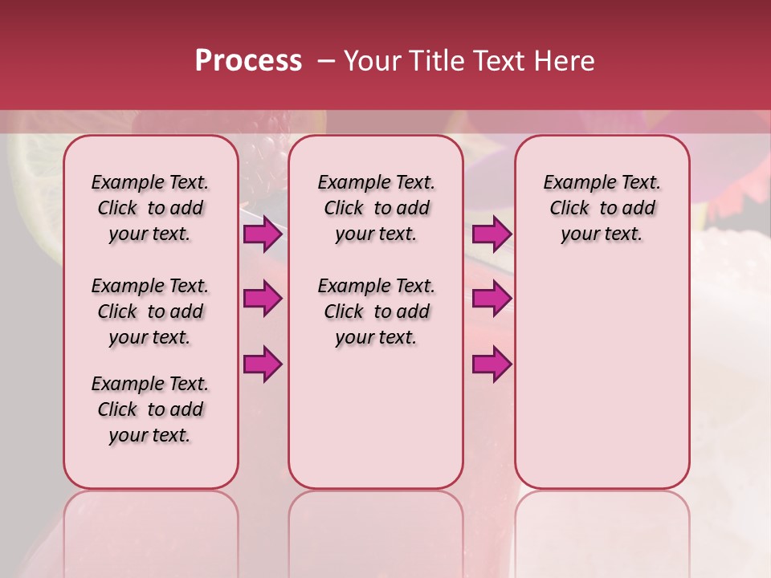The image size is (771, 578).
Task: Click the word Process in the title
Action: coord(248,61)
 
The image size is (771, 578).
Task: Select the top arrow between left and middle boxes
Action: coord(263,234)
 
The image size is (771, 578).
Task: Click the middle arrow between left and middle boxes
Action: coord(263,299)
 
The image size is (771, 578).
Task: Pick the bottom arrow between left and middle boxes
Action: coord(263,364)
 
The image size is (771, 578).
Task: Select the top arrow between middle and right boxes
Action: coord(492,234)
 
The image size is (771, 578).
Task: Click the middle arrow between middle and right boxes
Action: coord(492,299)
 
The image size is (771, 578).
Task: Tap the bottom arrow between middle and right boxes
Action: coord(492,364)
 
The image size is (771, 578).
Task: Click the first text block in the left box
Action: coord(150,208)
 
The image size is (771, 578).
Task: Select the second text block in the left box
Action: coord(150,311)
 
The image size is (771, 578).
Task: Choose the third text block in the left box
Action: coord(150,409)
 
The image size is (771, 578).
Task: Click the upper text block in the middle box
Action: coord(376,208)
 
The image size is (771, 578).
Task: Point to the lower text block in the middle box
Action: coord(376,311)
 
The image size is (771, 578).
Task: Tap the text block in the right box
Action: coord(602,208)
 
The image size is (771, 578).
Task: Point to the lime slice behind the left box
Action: coord(36,193)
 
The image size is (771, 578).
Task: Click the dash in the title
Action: coord(326,61)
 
